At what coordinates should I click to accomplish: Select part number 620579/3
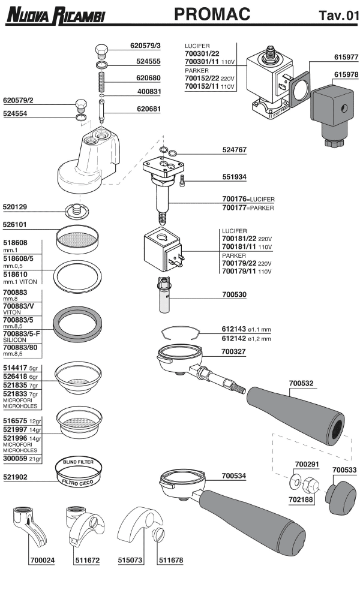(x=146, y=45)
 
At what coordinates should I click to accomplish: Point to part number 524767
(x=235, y=149)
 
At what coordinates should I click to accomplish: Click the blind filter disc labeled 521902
(x=79, y=471)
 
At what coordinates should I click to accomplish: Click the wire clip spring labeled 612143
(x=178, y=333)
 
